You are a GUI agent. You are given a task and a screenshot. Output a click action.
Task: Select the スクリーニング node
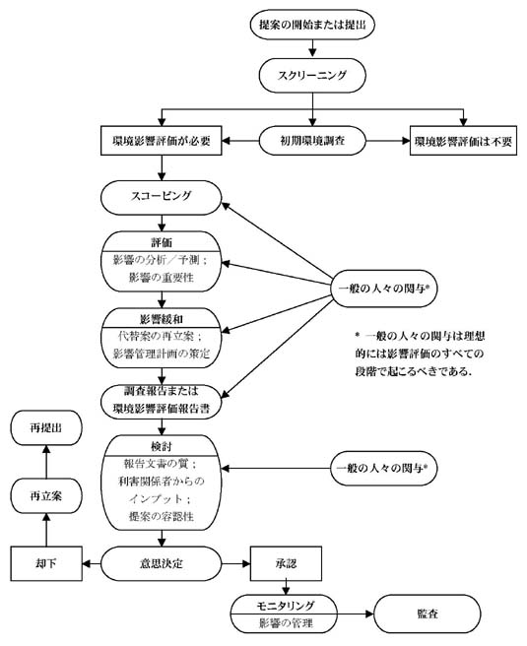click(x=313, y=74)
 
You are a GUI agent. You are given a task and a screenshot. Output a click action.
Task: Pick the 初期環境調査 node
click(x=313, y=140)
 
